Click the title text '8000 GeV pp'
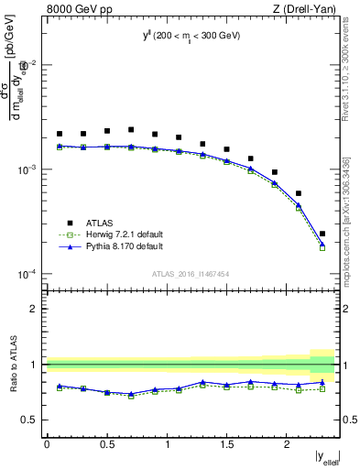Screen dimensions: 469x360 73,10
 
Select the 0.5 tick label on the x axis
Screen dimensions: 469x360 107,444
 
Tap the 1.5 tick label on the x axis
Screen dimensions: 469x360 227,444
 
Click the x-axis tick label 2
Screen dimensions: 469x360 287,444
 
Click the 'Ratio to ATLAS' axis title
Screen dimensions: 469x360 12,365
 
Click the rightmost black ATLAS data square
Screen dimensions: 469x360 322,234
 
